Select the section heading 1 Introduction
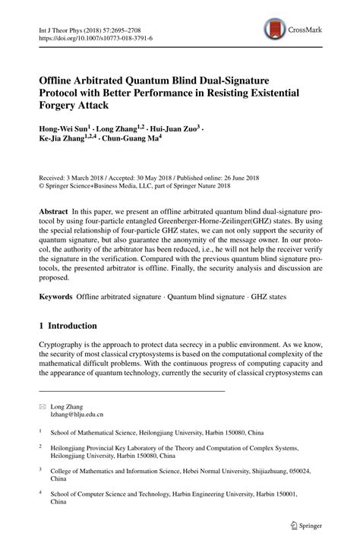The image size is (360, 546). (68, 326)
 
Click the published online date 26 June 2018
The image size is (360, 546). (257, 172)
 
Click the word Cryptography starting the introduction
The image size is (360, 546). (65, 344)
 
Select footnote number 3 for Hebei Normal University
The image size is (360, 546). (41, 469)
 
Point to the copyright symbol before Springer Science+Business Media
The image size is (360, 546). (42, 182)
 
